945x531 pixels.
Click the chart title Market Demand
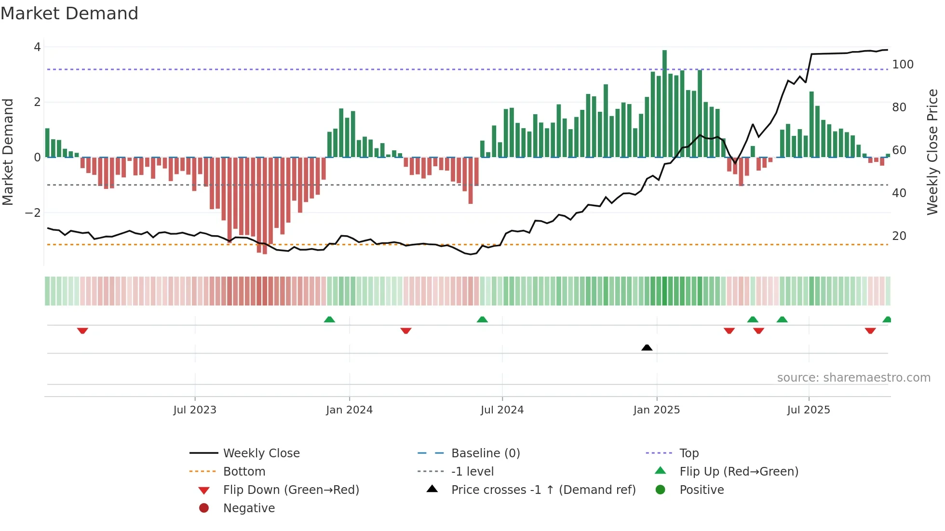pyautogui.click(x=69, y=13)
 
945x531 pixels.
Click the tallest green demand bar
pyautogui.click(x=664, y=104)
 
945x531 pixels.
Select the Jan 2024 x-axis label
pyautogui.click(x=349, y=410)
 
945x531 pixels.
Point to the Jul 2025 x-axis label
pyautogui.click(x=809, y=410)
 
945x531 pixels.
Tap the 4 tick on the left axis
pyautogui.click(x=37, y=47)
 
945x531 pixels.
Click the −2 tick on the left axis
pyautogui.click(x=33, y=212)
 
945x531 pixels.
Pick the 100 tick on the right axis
pyautogui.click(x=903, y=65)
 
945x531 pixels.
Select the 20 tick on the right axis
pyautogui.click(x=899, y=236)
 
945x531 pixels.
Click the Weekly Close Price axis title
pyautogui.click(x=932, y=152)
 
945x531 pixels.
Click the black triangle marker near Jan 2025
pyautogui.click(x=647, y=347)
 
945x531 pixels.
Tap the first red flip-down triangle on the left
pyautogui.click(x=82, y=331)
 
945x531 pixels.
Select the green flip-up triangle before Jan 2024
pyautogui.click(x=329, y=319)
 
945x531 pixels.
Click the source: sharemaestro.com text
pyautogui.click(x=853, y=378)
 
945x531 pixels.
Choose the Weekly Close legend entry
pyautogui.click(x=261, y=453)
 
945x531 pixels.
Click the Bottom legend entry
pyautogui.click(x=244, y=472)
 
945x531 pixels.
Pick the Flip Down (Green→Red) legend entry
pyautogui.click(x=291, y=490)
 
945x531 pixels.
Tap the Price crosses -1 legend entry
pyautogui.click(x=543, y=490)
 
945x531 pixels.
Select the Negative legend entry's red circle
pyautogui.click(x=204, y=508)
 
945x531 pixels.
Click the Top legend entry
pyautogui.click(x=688, y=453)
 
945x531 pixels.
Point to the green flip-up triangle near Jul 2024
pyautogui.click(x=482, y=319)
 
